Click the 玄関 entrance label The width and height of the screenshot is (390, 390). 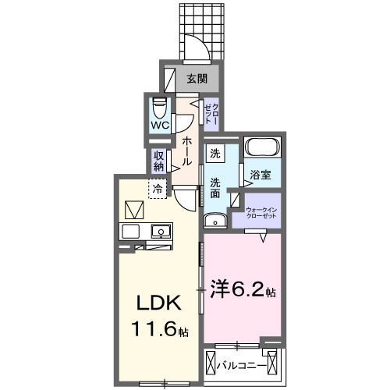pyautogui.click(x=197, y=78)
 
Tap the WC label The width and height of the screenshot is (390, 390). pyautogui.click(x=160, y=125)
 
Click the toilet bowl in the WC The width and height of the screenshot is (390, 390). pyautogui.click(x=161, y=106)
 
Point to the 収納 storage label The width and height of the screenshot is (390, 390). pyautogui.click(x=158, y=160)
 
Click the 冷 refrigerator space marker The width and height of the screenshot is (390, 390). pyautogui.click(x=158, y=188)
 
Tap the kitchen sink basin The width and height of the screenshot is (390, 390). pyautogui.click(x=161, y=232)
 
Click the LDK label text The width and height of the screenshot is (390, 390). pyautogui.click(x=160, y=301)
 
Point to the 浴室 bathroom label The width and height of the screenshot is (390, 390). pyautogui.click(x=261, y=175)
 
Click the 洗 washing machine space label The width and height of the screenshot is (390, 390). pyautogui.click(x=214, y=154)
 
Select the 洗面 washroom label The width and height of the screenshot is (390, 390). pyautogui.click(x=215, y=189)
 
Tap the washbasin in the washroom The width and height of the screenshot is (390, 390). pyautogui.click(x=216, y=221)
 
